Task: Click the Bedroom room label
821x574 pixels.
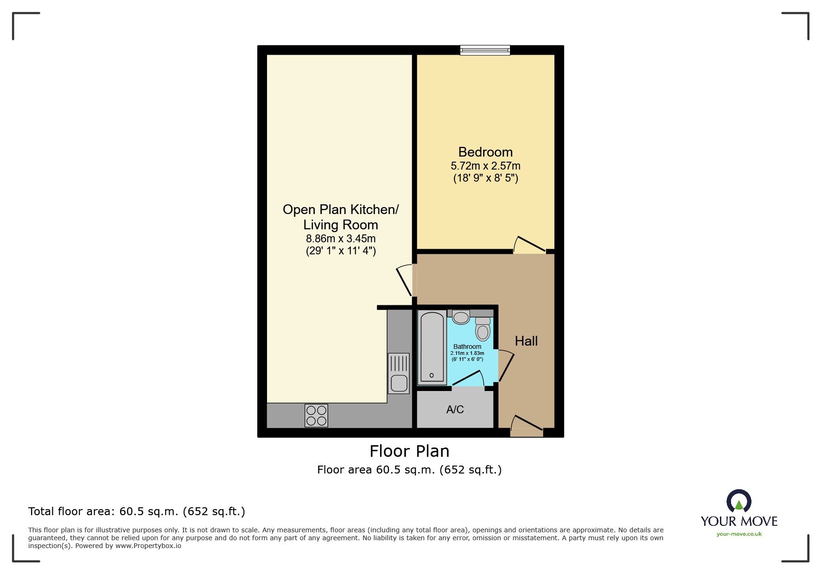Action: (485, 152)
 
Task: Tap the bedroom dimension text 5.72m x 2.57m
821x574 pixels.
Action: (485, 166)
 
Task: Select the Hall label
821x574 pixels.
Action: (526, 341)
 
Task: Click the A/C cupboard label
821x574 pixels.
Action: (455, 410)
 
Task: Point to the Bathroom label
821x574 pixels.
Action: (467, 347)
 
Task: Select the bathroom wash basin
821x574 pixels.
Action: (461, 317)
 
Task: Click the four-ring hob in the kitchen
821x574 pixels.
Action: (316, 416)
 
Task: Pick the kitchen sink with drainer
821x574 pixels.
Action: (399, 373)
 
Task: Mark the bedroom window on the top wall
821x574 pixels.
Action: (485, 50)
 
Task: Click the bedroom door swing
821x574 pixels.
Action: (529, 245)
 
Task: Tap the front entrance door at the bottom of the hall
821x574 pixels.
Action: (526, 426)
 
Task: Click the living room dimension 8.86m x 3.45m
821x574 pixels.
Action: (340, 239)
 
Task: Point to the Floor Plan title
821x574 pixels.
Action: (409, 451)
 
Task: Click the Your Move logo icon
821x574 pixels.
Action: (738, 501)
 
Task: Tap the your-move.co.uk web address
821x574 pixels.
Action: (739, 534)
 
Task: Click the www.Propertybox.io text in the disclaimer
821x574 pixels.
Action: (148, 546)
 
